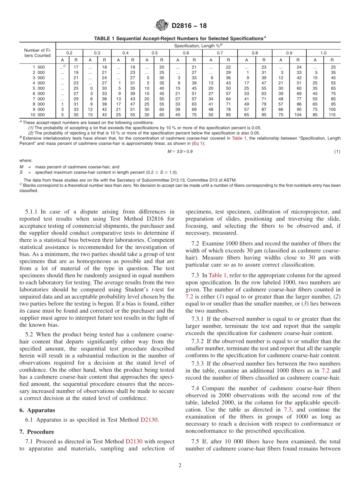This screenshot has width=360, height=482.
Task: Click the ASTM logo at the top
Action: pos(162,26)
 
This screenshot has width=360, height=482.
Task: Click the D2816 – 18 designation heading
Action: pos(189,26)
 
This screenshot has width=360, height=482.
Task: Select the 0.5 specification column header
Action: pos(155,53)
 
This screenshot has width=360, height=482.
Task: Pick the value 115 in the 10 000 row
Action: pos(332,114)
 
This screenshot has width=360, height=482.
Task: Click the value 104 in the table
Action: pos(298,114)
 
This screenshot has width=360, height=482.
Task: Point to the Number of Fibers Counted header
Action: pos(37,53)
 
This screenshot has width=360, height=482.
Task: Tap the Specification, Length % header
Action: pos(197,46)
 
